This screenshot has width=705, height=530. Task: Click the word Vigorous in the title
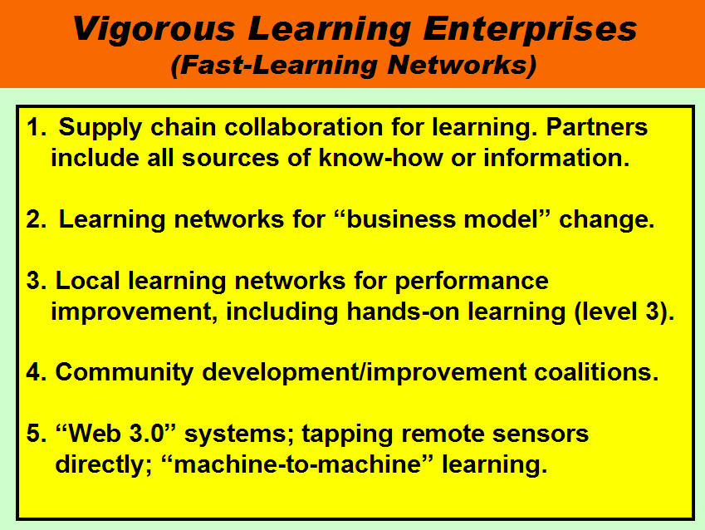click(x=154, y=30)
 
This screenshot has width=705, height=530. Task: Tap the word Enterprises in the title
click(x=530, y=30)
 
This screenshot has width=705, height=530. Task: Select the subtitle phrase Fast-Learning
click(x=280, y=65)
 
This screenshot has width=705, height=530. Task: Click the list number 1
click(x=34, y=127)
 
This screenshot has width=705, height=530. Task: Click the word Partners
click(x=597, y=127)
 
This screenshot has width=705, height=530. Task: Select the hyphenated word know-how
click(x=381, y=158)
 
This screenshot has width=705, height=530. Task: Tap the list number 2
click(x=34, y=220)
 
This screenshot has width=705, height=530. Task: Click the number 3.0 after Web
click(x=146, y=434)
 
